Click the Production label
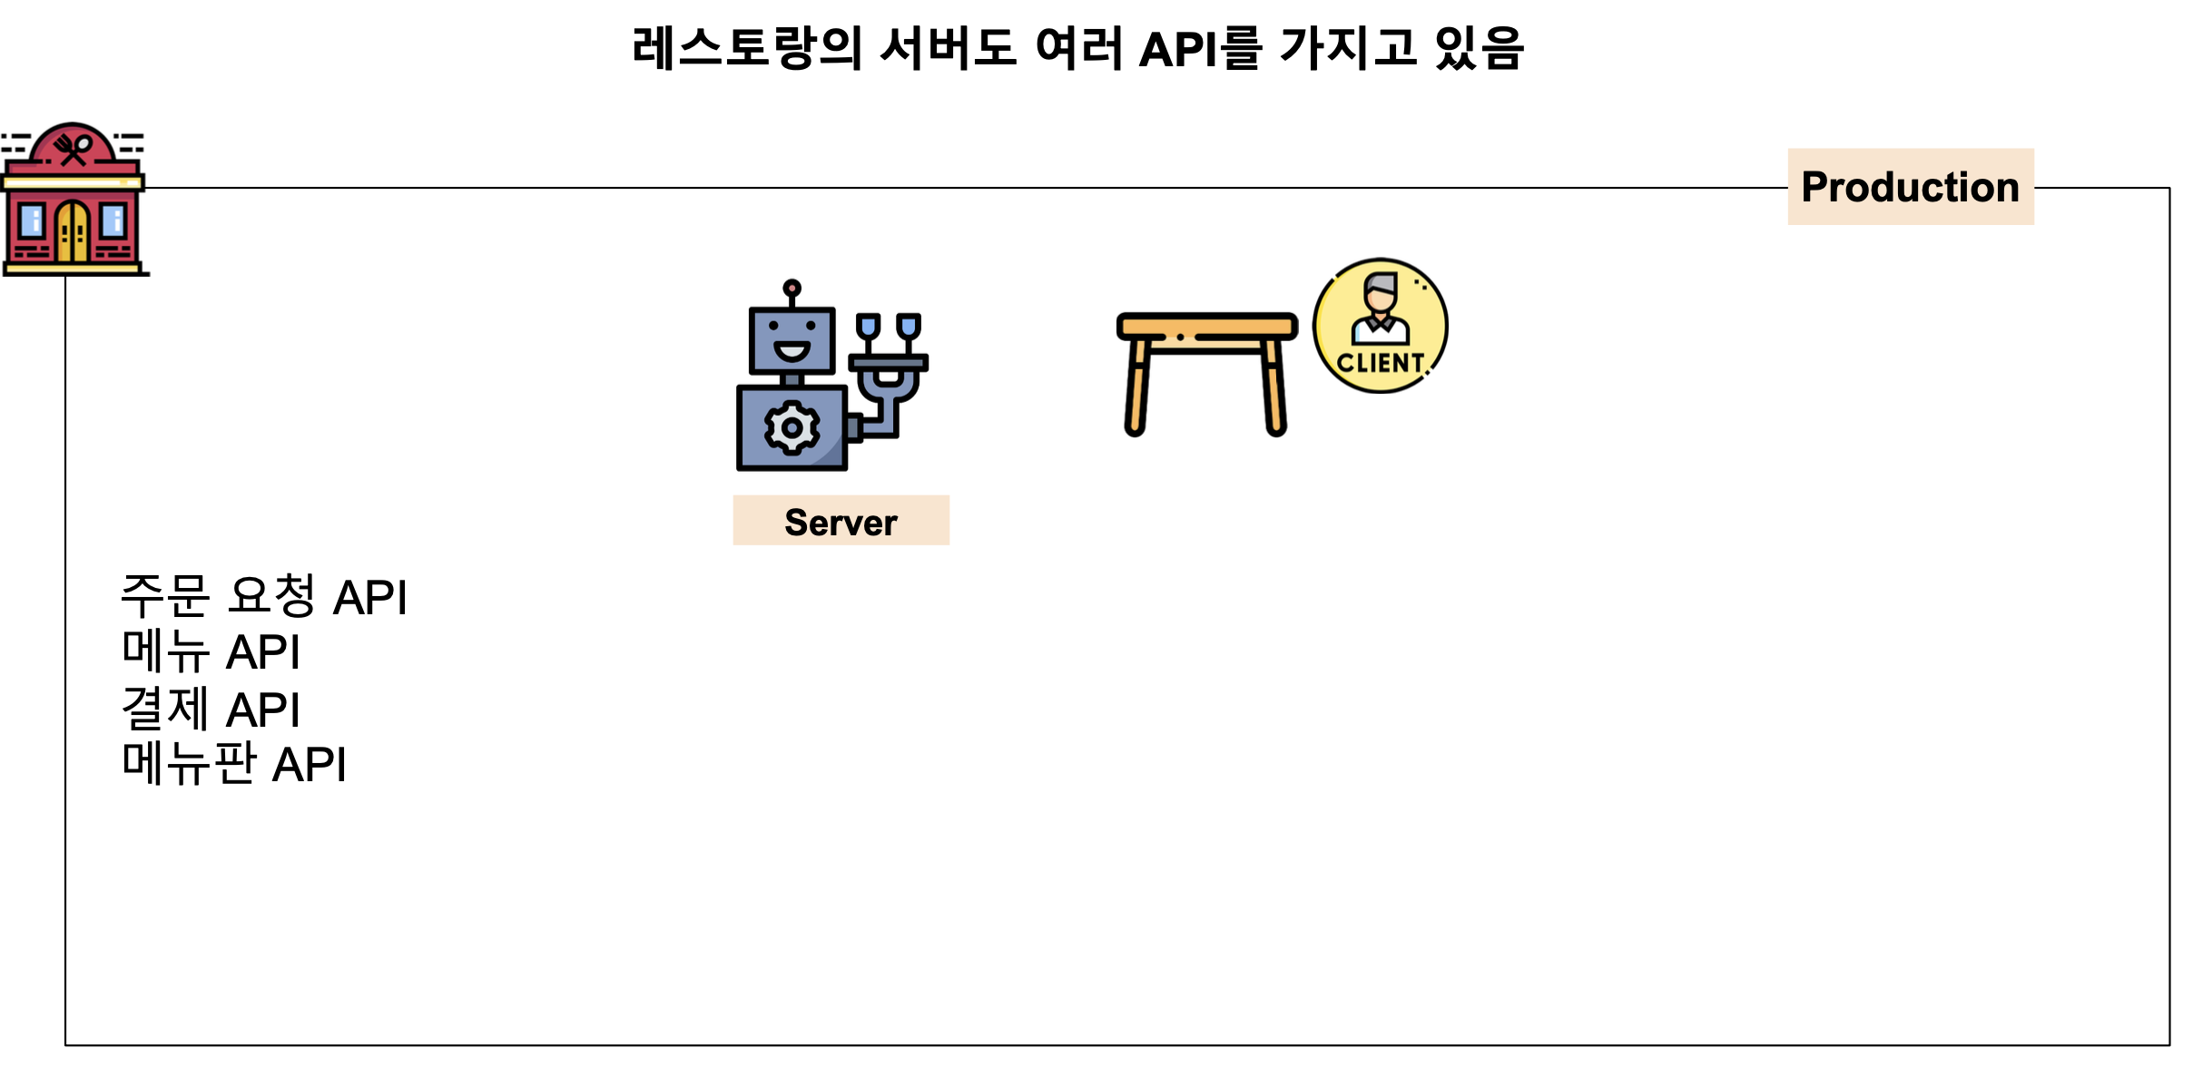[1910, 187]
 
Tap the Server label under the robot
[841, 522]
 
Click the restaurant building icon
[74, 200]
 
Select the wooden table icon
[1206, 372]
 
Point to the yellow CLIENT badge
[1380, 325]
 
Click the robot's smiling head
[792, 340]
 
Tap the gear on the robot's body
[792, 427]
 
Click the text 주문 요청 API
[264, 597]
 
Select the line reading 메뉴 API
[211, 652]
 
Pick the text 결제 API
[211, 709]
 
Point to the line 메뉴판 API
[234, 764]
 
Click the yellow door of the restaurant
[73, 232]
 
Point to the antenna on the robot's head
[792, 290]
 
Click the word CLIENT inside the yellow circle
[1380, 363]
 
